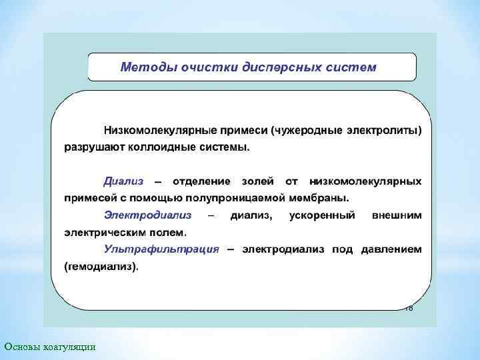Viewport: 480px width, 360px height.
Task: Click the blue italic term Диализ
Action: (123, 181)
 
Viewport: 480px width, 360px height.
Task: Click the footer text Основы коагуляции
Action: (49, 346)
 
